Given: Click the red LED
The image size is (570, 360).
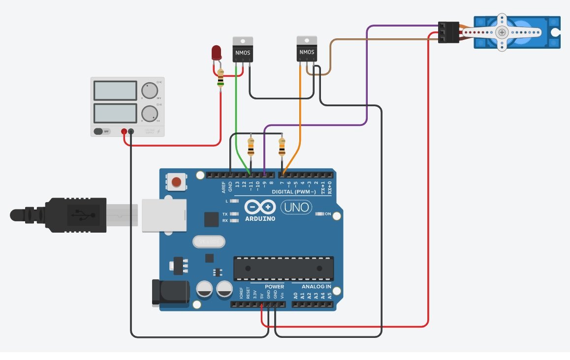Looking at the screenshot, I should tap(216, 53).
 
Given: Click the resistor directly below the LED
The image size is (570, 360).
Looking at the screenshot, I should tap(221, 78).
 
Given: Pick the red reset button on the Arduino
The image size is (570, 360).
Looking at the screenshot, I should tap(176, 183).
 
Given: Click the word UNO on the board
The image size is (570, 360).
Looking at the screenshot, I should tap(296, 208).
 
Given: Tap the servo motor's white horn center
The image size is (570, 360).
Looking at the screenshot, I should tap(502, 32).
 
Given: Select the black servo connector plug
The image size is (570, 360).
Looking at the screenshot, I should tap(448, 32).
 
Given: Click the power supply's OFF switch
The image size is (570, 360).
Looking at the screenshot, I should tap(102, 131).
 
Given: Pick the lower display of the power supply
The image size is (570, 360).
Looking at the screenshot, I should tap(115, 113).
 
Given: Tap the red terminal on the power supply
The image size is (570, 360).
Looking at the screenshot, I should tap(124, 131).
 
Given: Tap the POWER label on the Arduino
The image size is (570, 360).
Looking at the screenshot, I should tap(274, 287).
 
